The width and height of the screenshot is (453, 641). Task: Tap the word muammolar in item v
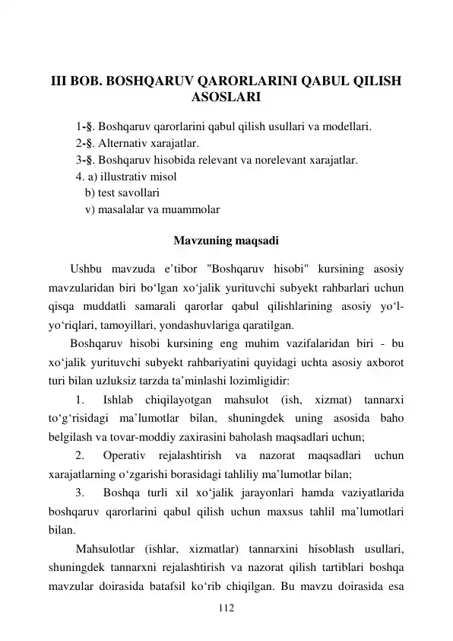click(188, 210)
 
